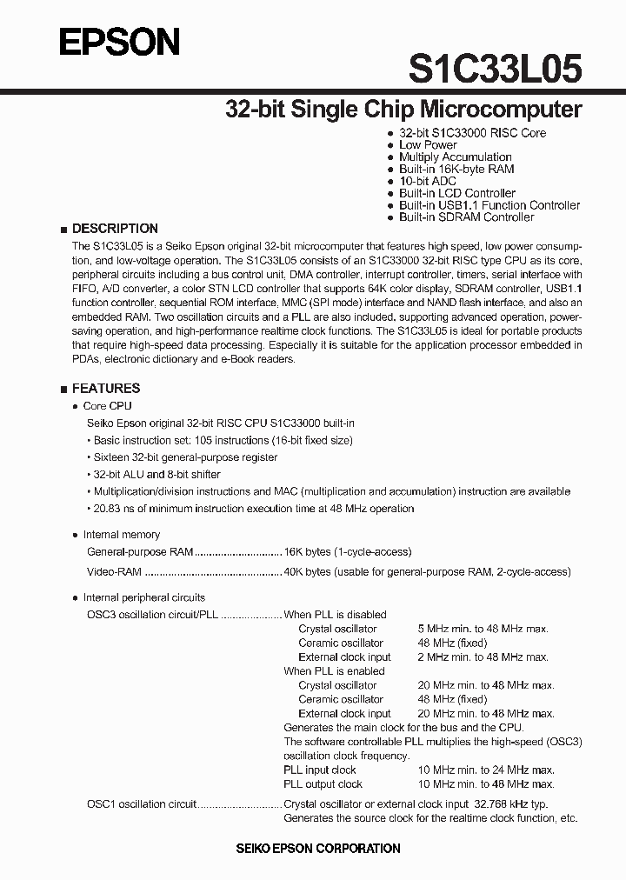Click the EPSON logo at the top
tap(119, 42)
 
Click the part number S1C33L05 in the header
tap(495, 69)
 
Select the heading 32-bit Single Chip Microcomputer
tap(403, 110)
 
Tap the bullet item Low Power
tap(428, 145)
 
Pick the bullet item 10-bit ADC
tap(428, 181)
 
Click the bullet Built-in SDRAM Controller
tap(466, 217)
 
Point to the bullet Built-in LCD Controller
tap(457, 193)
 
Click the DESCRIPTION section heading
tap(115, 229)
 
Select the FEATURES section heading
tap(106, 389)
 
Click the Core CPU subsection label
tap(107, 406)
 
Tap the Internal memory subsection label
tap(121, 535)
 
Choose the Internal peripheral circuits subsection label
tap(143, 597)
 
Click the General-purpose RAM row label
tap(140, 551)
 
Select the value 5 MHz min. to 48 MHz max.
tap(483, 629)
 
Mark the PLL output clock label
tap(323, 784)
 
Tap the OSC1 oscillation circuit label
tap(142, 804)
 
